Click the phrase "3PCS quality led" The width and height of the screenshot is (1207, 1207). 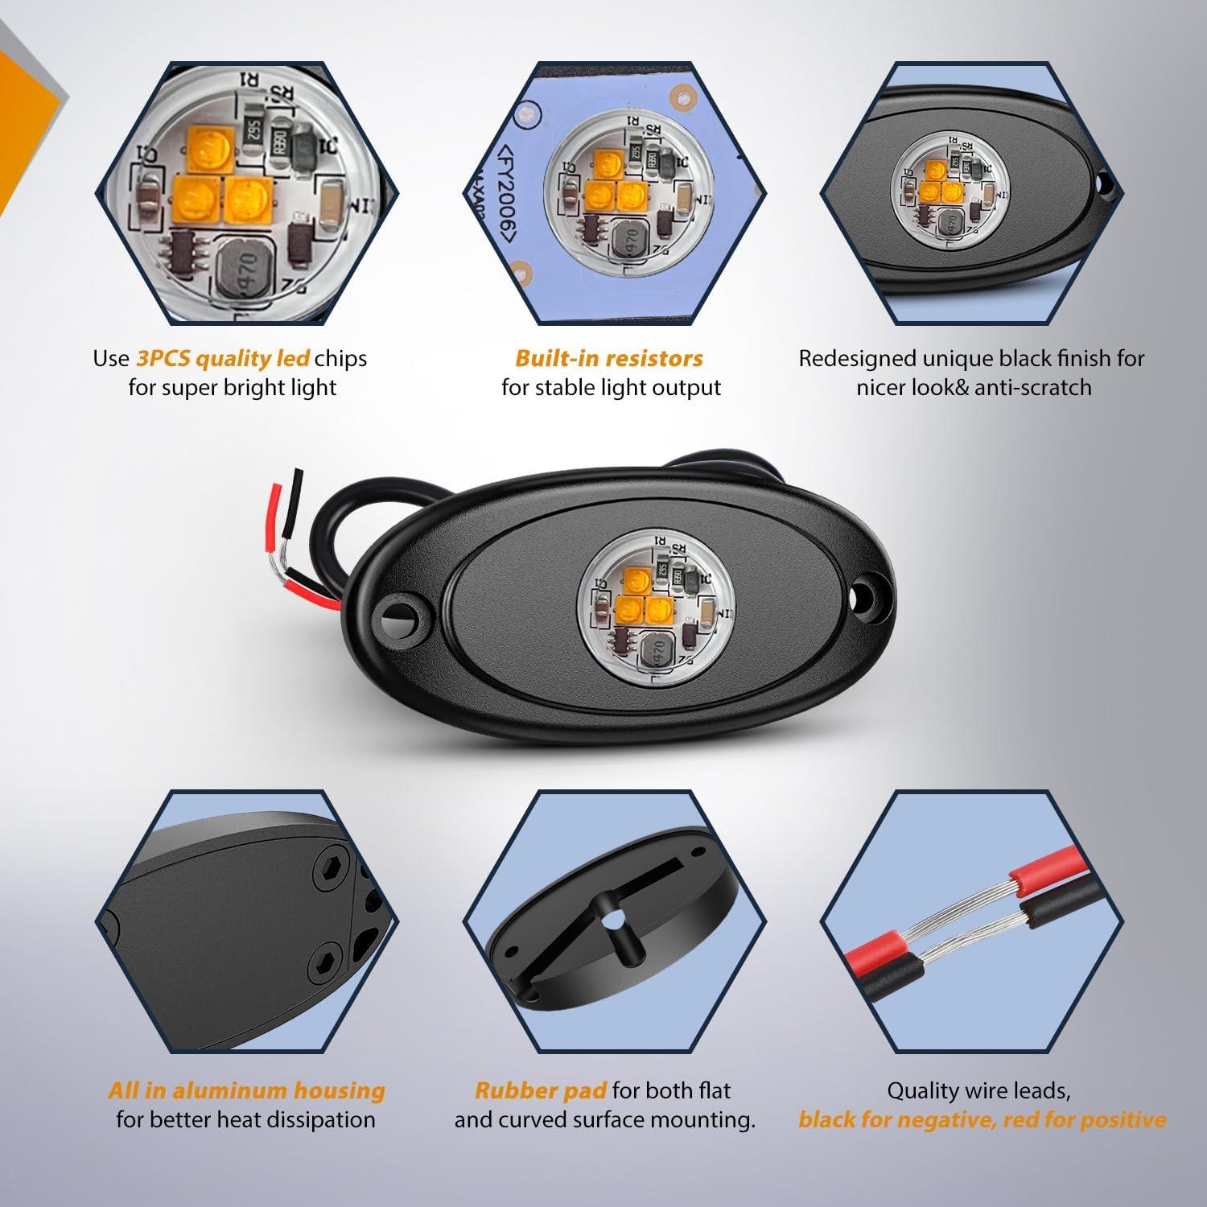click(x=223, y=359)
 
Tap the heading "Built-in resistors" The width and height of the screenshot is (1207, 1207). click(x=609, y=358)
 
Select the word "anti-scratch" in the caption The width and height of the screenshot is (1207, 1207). click(x=1033, y=387)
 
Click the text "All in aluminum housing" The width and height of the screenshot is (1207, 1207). click(x=247, y=1091)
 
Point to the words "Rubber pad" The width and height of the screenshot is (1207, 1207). click(x=541, y=1091)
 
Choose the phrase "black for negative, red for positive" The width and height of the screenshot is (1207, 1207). click(x=982, y=1119)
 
